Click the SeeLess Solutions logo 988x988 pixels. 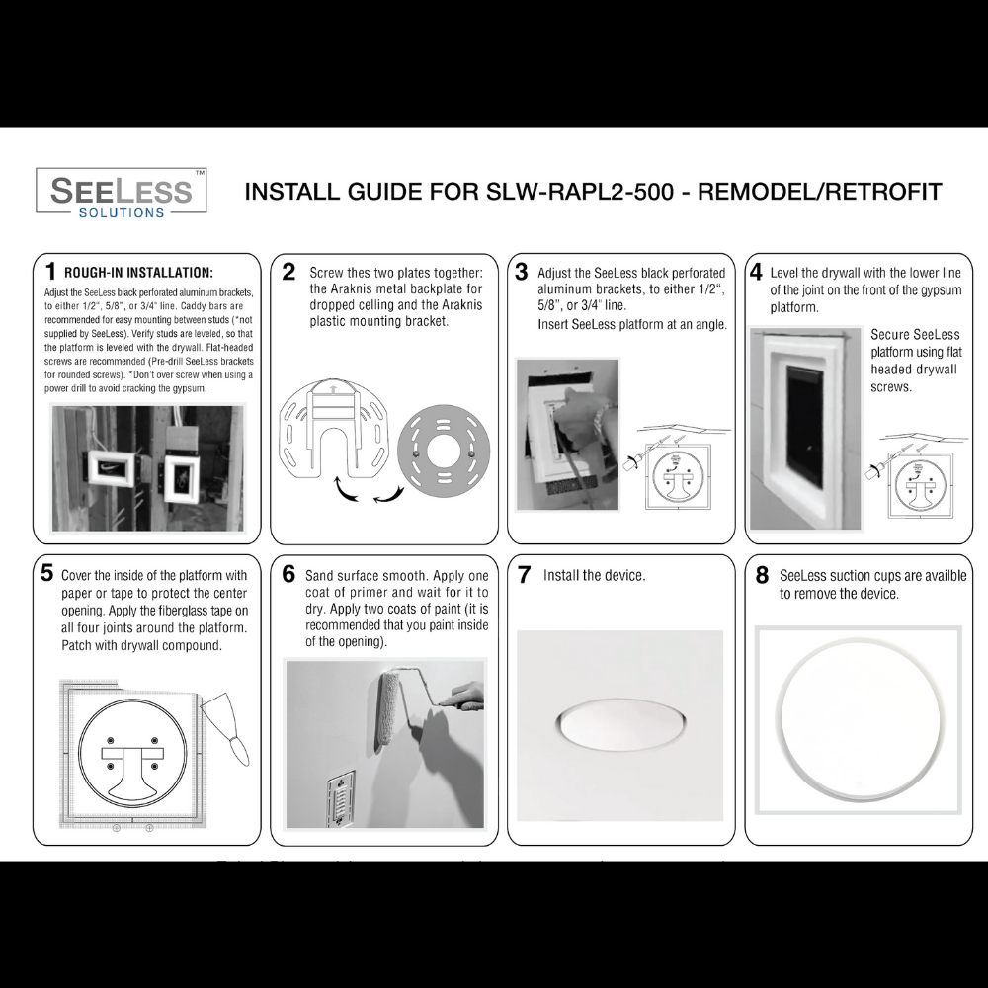click(x=122, y=192)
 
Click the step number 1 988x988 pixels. click(x=49, y=271)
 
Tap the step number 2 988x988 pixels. click(x=288, y=272)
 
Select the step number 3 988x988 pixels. click(x=522, y=272)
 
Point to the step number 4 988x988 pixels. click(x=756, y=272)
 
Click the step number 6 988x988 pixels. click(x=288, y=574)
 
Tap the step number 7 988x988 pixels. click(x=525, y=574)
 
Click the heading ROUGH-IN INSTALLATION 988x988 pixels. click(x=138, y=273)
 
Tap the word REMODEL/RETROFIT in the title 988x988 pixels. click(x=820, y=192)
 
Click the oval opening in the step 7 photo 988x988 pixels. click(x=619, y=725)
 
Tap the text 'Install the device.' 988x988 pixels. click(x=594, y=575)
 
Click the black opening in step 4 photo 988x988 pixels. click(x=805, y=425)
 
